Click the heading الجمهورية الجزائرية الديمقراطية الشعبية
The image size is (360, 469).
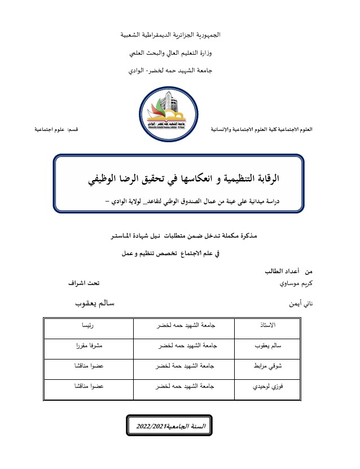[x=172, y=35]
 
